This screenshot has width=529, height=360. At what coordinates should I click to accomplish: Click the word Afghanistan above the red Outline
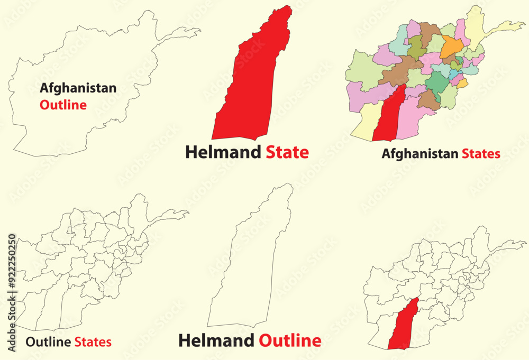point(78,88)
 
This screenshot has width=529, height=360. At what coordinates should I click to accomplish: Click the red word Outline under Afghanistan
point(63,105)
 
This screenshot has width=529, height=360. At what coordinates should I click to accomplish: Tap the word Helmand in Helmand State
point(223,152)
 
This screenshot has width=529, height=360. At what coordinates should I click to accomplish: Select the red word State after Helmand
point(287,152)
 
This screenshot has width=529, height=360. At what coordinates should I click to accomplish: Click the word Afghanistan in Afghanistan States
point(420,154)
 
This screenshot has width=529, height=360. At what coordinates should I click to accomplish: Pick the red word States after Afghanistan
point(481,154)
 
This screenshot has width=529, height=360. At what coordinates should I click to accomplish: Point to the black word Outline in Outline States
point(48,342)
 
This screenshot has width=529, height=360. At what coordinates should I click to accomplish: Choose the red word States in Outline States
point(93,342)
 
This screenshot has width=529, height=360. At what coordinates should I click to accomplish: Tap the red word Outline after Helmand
point(290,340)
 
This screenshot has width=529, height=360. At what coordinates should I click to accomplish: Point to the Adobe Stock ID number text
point(12,280)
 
